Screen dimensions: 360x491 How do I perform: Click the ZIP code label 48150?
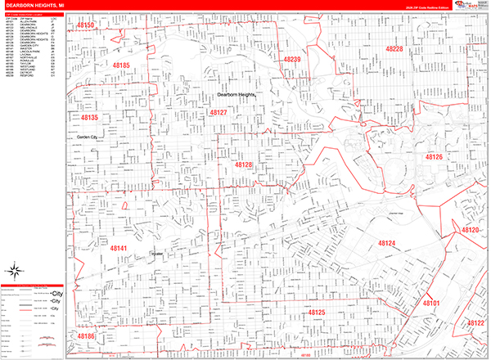coord(87,26)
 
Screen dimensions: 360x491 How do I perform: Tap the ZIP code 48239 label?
coord(293,60)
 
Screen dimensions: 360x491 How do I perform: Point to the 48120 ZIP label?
coord(470,231)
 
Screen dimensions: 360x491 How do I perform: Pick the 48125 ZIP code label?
coord(316,313)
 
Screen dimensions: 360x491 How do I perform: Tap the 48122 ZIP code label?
coord(475,323)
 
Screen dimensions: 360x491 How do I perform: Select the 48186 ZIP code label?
coord(87,335)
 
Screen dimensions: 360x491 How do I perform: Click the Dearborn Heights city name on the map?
coord(231,95)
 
